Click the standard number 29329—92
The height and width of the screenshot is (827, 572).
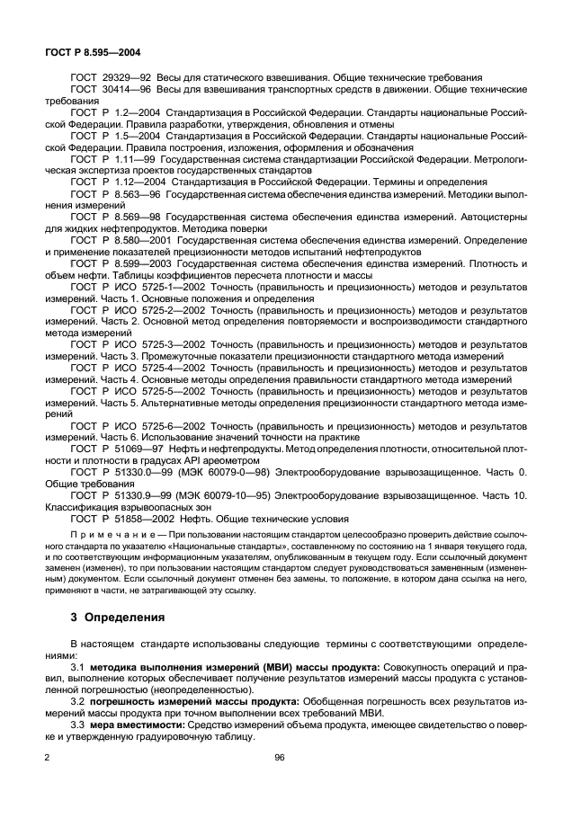point(130,78)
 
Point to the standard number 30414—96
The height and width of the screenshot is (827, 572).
point(130,91)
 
